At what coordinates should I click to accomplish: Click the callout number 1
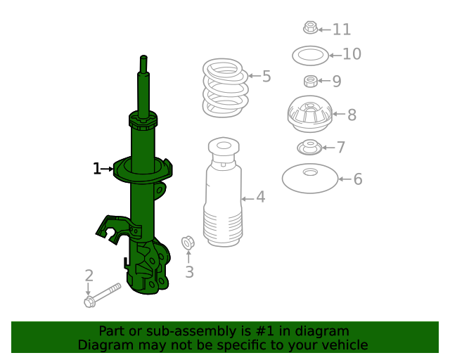pos(96,169)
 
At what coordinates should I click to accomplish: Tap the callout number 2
pos(89,275)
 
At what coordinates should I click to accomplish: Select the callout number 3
pos(188,272)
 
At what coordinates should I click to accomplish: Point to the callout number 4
pos(260,198)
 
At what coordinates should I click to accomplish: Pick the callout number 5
pos(266,77)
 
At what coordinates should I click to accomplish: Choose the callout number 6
pos(357,180)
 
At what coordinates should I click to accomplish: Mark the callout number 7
pos(340,148)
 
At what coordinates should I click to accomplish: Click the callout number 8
pos(352,115)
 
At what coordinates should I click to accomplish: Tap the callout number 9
pos(336,82)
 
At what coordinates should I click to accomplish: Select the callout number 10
pos(351,54)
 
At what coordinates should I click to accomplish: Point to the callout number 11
pos(341,30)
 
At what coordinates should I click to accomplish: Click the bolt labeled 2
pos(101,295)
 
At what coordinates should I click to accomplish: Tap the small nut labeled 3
pos(188,243)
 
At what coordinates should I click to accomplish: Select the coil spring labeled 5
pos(225,88)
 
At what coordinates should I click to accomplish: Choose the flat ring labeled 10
pos(310,54)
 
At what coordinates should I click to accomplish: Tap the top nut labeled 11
pos(310,28)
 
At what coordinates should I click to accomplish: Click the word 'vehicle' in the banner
pos(345,345)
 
